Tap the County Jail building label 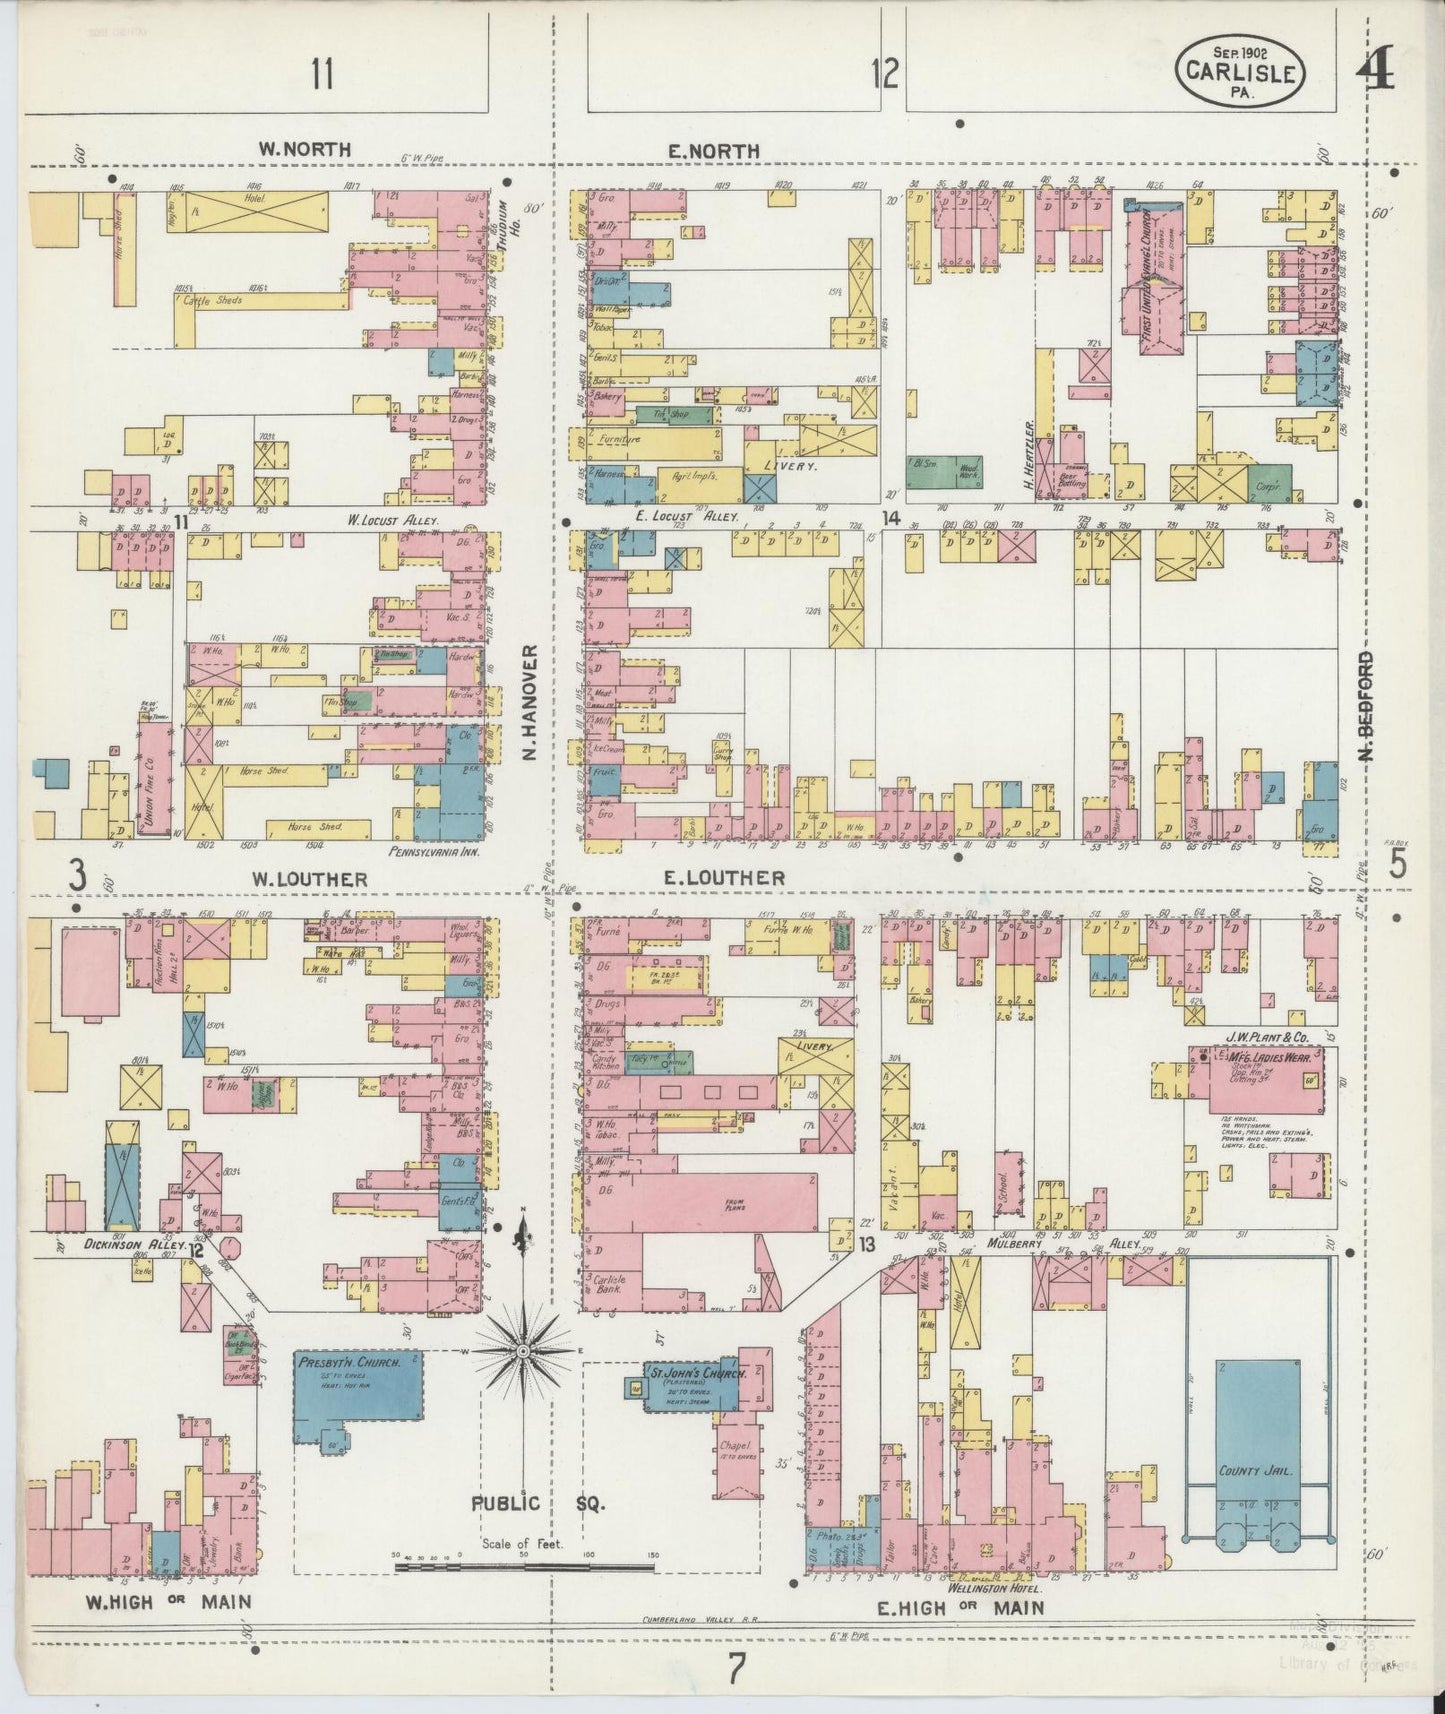pyautogui.click(x=1257, y=1471)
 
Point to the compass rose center pyautogui.click(x=522, y=1351)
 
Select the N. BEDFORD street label pyautogui.click(x=1365, y=705)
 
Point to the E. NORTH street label pyautogui.click(x=713, y=151)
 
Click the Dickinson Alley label pyautogui.click(x=122, y=1245)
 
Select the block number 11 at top pyautogui.click(x=321, y=73)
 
